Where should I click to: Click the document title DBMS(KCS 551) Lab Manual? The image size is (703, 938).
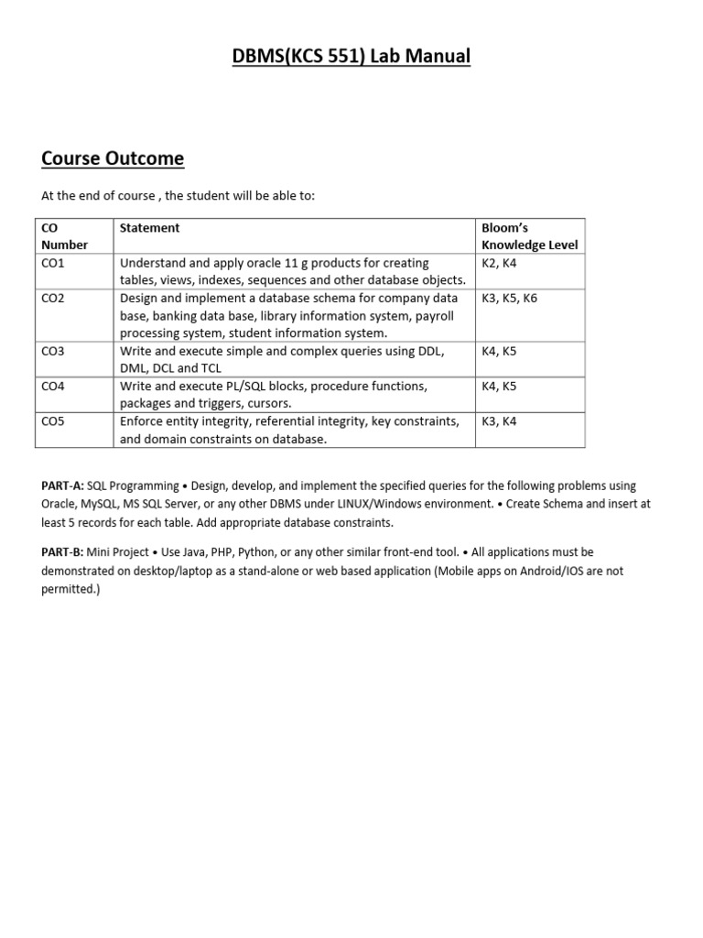click(351, 57)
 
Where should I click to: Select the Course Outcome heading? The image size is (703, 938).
click(113, 158)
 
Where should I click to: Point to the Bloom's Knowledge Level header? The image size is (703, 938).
click(529, 236)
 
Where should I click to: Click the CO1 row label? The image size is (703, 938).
click(53, 263)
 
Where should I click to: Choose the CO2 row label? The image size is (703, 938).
click(53, 299)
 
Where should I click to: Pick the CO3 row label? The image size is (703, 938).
click(53, 351)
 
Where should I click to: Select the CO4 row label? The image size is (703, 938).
click(53, 387)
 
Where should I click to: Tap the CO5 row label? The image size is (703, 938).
click(53, 421)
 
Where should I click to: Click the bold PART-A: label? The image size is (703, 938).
click(62, 486)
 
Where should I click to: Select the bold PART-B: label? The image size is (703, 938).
click(62, 552)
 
